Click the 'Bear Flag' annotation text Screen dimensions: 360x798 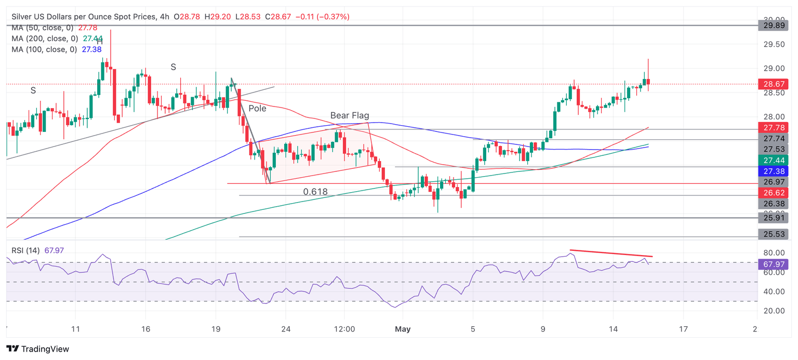[350, 115]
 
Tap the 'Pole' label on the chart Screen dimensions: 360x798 [257, 109]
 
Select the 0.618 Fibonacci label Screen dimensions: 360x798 [315, 192]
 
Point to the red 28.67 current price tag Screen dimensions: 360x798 [773, 84]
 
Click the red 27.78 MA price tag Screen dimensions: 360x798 [773, 127]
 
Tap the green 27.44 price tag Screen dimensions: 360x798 [773, 160]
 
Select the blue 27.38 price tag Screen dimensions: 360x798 [773, 171]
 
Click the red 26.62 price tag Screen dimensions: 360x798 [773, 193]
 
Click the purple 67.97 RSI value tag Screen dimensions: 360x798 [773, 264]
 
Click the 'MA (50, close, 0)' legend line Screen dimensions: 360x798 [44, 28]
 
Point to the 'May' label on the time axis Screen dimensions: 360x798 [404, 329]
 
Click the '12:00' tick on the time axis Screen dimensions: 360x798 [344, 329]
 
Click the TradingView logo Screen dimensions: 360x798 [37, 349]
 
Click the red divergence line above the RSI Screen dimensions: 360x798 [611, 254]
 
